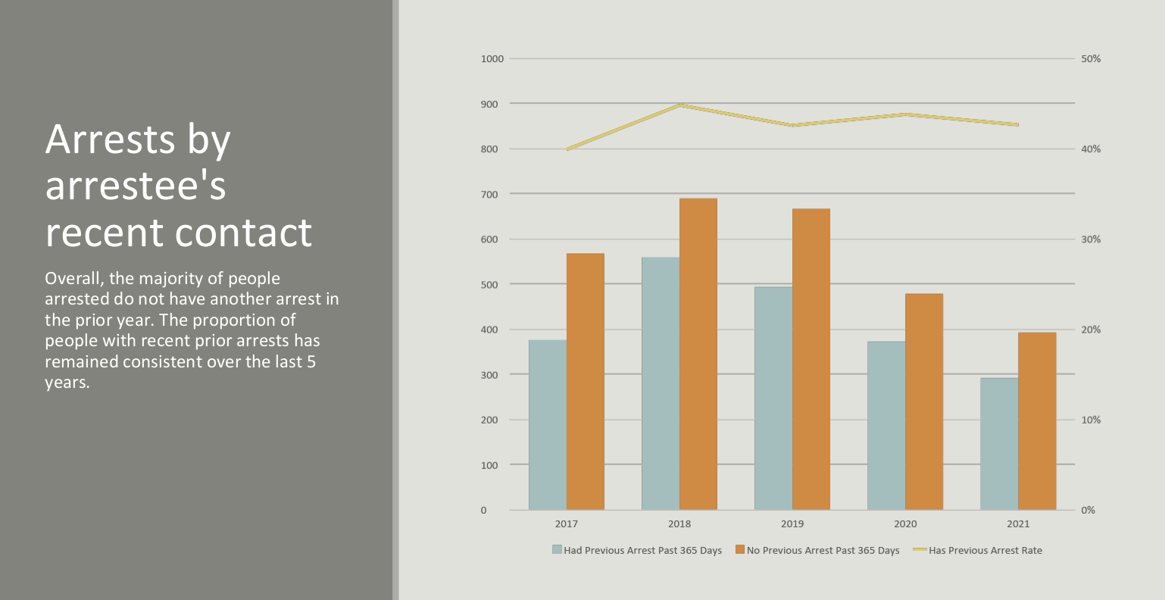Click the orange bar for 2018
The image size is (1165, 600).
click(x=698, y=354)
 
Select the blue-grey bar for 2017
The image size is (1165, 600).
click(x=548, y=424)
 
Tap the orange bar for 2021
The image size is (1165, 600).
click(x=1036, y=420)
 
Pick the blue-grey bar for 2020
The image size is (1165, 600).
click(x=886, y=425)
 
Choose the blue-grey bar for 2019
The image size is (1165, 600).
click(x=773, y=398)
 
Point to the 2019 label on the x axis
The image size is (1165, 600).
click(x=792, y=524)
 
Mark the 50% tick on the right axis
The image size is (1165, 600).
click(x=1091, y=58)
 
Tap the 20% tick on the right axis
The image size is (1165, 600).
click(x=1091, y=330)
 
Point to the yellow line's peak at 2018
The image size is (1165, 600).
click(x=680, y=105)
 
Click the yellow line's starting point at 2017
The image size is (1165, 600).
click(x=567, y=149)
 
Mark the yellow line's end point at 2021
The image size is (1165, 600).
click(x=1017, y=124)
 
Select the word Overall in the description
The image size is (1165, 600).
click(x=73, y=278)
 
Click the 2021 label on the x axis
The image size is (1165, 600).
click(x=1018, y=524)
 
